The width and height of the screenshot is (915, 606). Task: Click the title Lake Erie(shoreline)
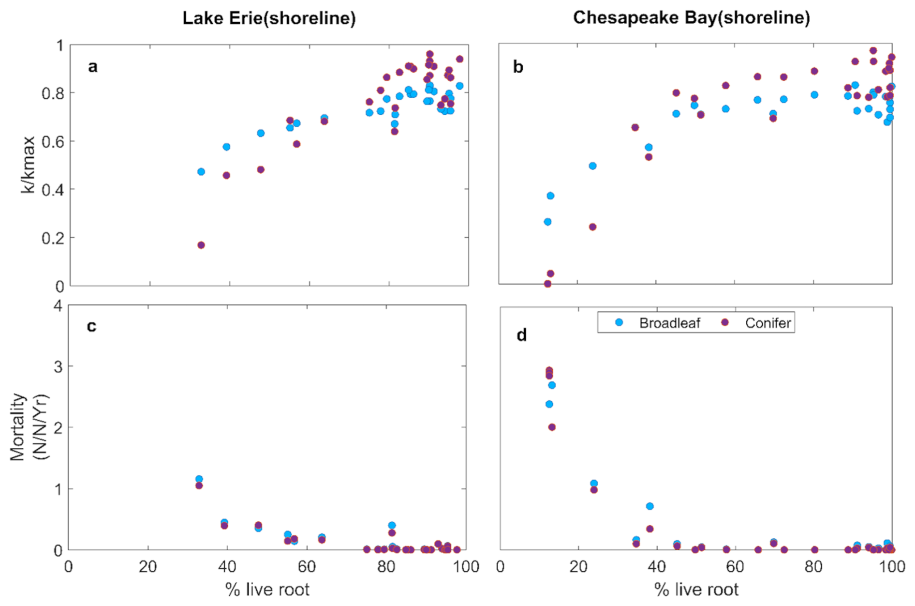pyautogui.click(x=269, y=18)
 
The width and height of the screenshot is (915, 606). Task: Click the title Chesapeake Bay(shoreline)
pyautogui.click(x=691, y=17)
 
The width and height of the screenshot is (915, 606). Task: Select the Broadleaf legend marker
pyautogui.click(x=619, y=322)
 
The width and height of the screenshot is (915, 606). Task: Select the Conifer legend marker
pyautogui.click(x=724, y=322)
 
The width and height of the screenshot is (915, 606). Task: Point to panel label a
pyautogui.click(x=92, y=67)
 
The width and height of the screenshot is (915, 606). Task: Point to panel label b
pyautogui.click(x=518, y=67)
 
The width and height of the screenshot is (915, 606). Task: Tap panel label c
pyautogui.click(x=91, y=326)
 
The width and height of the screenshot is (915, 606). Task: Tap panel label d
pyautogui.click(x=521, y=334)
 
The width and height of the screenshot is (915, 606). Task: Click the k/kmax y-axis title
pyautogui.click(x=28, y=165)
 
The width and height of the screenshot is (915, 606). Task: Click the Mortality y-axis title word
pyautogui.click(x=17, y=426)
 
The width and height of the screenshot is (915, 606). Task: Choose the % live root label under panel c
pyautogui.click(x=267, y=590)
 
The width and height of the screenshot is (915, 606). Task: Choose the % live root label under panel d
pyautogui.click(x=696, y=590)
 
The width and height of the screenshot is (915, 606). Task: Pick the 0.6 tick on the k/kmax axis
pyautogui.click(x=53, y=141)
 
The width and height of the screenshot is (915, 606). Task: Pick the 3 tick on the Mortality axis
pyautogui.click(x=59, y=366)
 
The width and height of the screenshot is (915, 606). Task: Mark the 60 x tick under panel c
pyautogui.click(x=307, y=566)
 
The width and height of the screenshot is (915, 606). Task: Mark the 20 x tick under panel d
pyautogui.click(x=578, y=566)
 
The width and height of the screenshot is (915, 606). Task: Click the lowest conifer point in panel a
pyautogui.click(x=201, y=245)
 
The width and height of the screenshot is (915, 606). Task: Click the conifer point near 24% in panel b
pyautogui.click(x=592, y=227)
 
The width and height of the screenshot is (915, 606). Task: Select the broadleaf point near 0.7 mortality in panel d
pyautogui.click(x=649, y=506)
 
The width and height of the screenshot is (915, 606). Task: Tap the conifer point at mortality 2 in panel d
pyautogui.click(x=552, y=427)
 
